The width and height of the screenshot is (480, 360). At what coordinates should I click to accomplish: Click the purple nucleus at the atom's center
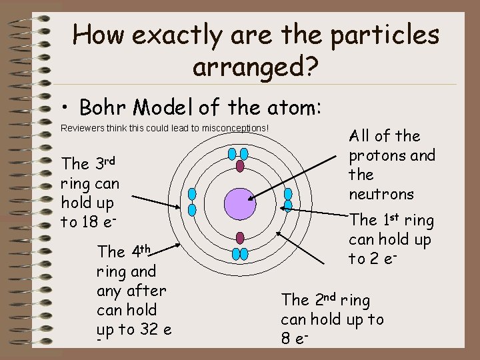click(x=240, y=203)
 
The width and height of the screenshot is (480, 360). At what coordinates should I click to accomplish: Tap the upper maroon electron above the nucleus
click(x=240, y=167)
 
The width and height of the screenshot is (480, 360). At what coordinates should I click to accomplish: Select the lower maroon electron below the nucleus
click(x=240, y=238)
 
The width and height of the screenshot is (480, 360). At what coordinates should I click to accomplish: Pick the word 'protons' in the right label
click(x=376, y=156)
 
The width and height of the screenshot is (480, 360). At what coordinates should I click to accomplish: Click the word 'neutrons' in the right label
click(x=381, y=195)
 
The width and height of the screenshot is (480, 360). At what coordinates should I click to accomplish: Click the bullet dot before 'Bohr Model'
click(x=65, y=109)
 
